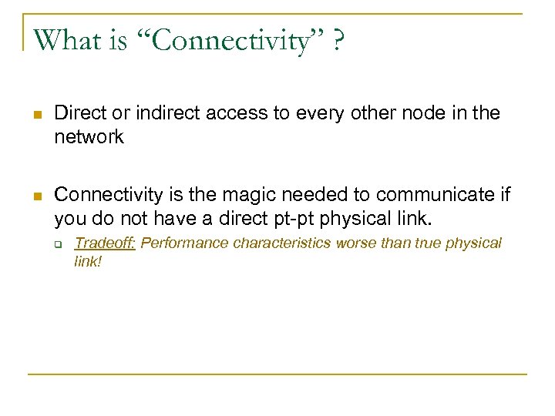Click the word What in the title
pyautogui.click(x=67, y=40)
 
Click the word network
pyautogui.click(x=89, y=136)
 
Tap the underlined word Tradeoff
pyautogui.click(x=105, y=243)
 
